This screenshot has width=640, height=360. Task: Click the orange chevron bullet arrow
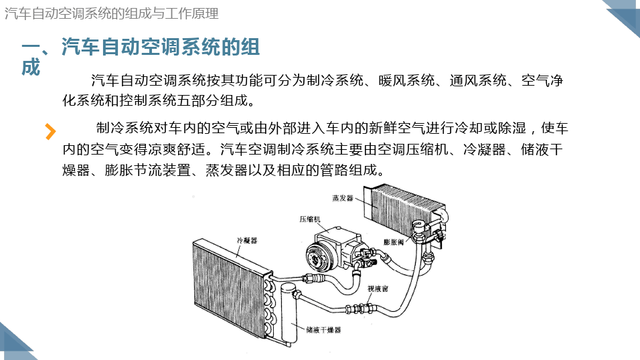pyautogui.click(x=50, y=131)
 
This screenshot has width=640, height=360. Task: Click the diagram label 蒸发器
pyautogui.click(x=343, y=198)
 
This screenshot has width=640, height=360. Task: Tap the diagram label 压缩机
pyautogui.click(x=310, y=219)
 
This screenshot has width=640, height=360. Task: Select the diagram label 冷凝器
pyautogui.click(x=247, y=240)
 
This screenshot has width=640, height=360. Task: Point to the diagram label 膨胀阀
pyautogui.click(x=394, y=242)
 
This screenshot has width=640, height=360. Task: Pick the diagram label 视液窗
pyautogui.click(x=378, y=288)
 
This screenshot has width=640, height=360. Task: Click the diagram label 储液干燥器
pyautogui.click(x=323, y=330)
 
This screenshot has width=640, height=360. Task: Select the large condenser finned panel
pyautogui.click(x=230, y=287)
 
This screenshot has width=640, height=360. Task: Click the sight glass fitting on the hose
pyautogui.click(x=359, y=308)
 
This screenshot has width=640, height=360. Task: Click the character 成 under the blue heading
pyautogui.click(x=31, y=68)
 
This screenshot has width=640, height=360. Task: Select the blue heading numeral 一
pyautogui.click(x=31, y=47)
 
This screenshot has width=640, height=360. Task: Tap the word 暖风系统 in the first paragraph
pyautogui.click(x=406, y=80)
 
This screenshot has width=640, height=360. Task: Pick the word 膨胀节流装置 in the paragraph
pyautogui.click(x=147, y=170)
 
